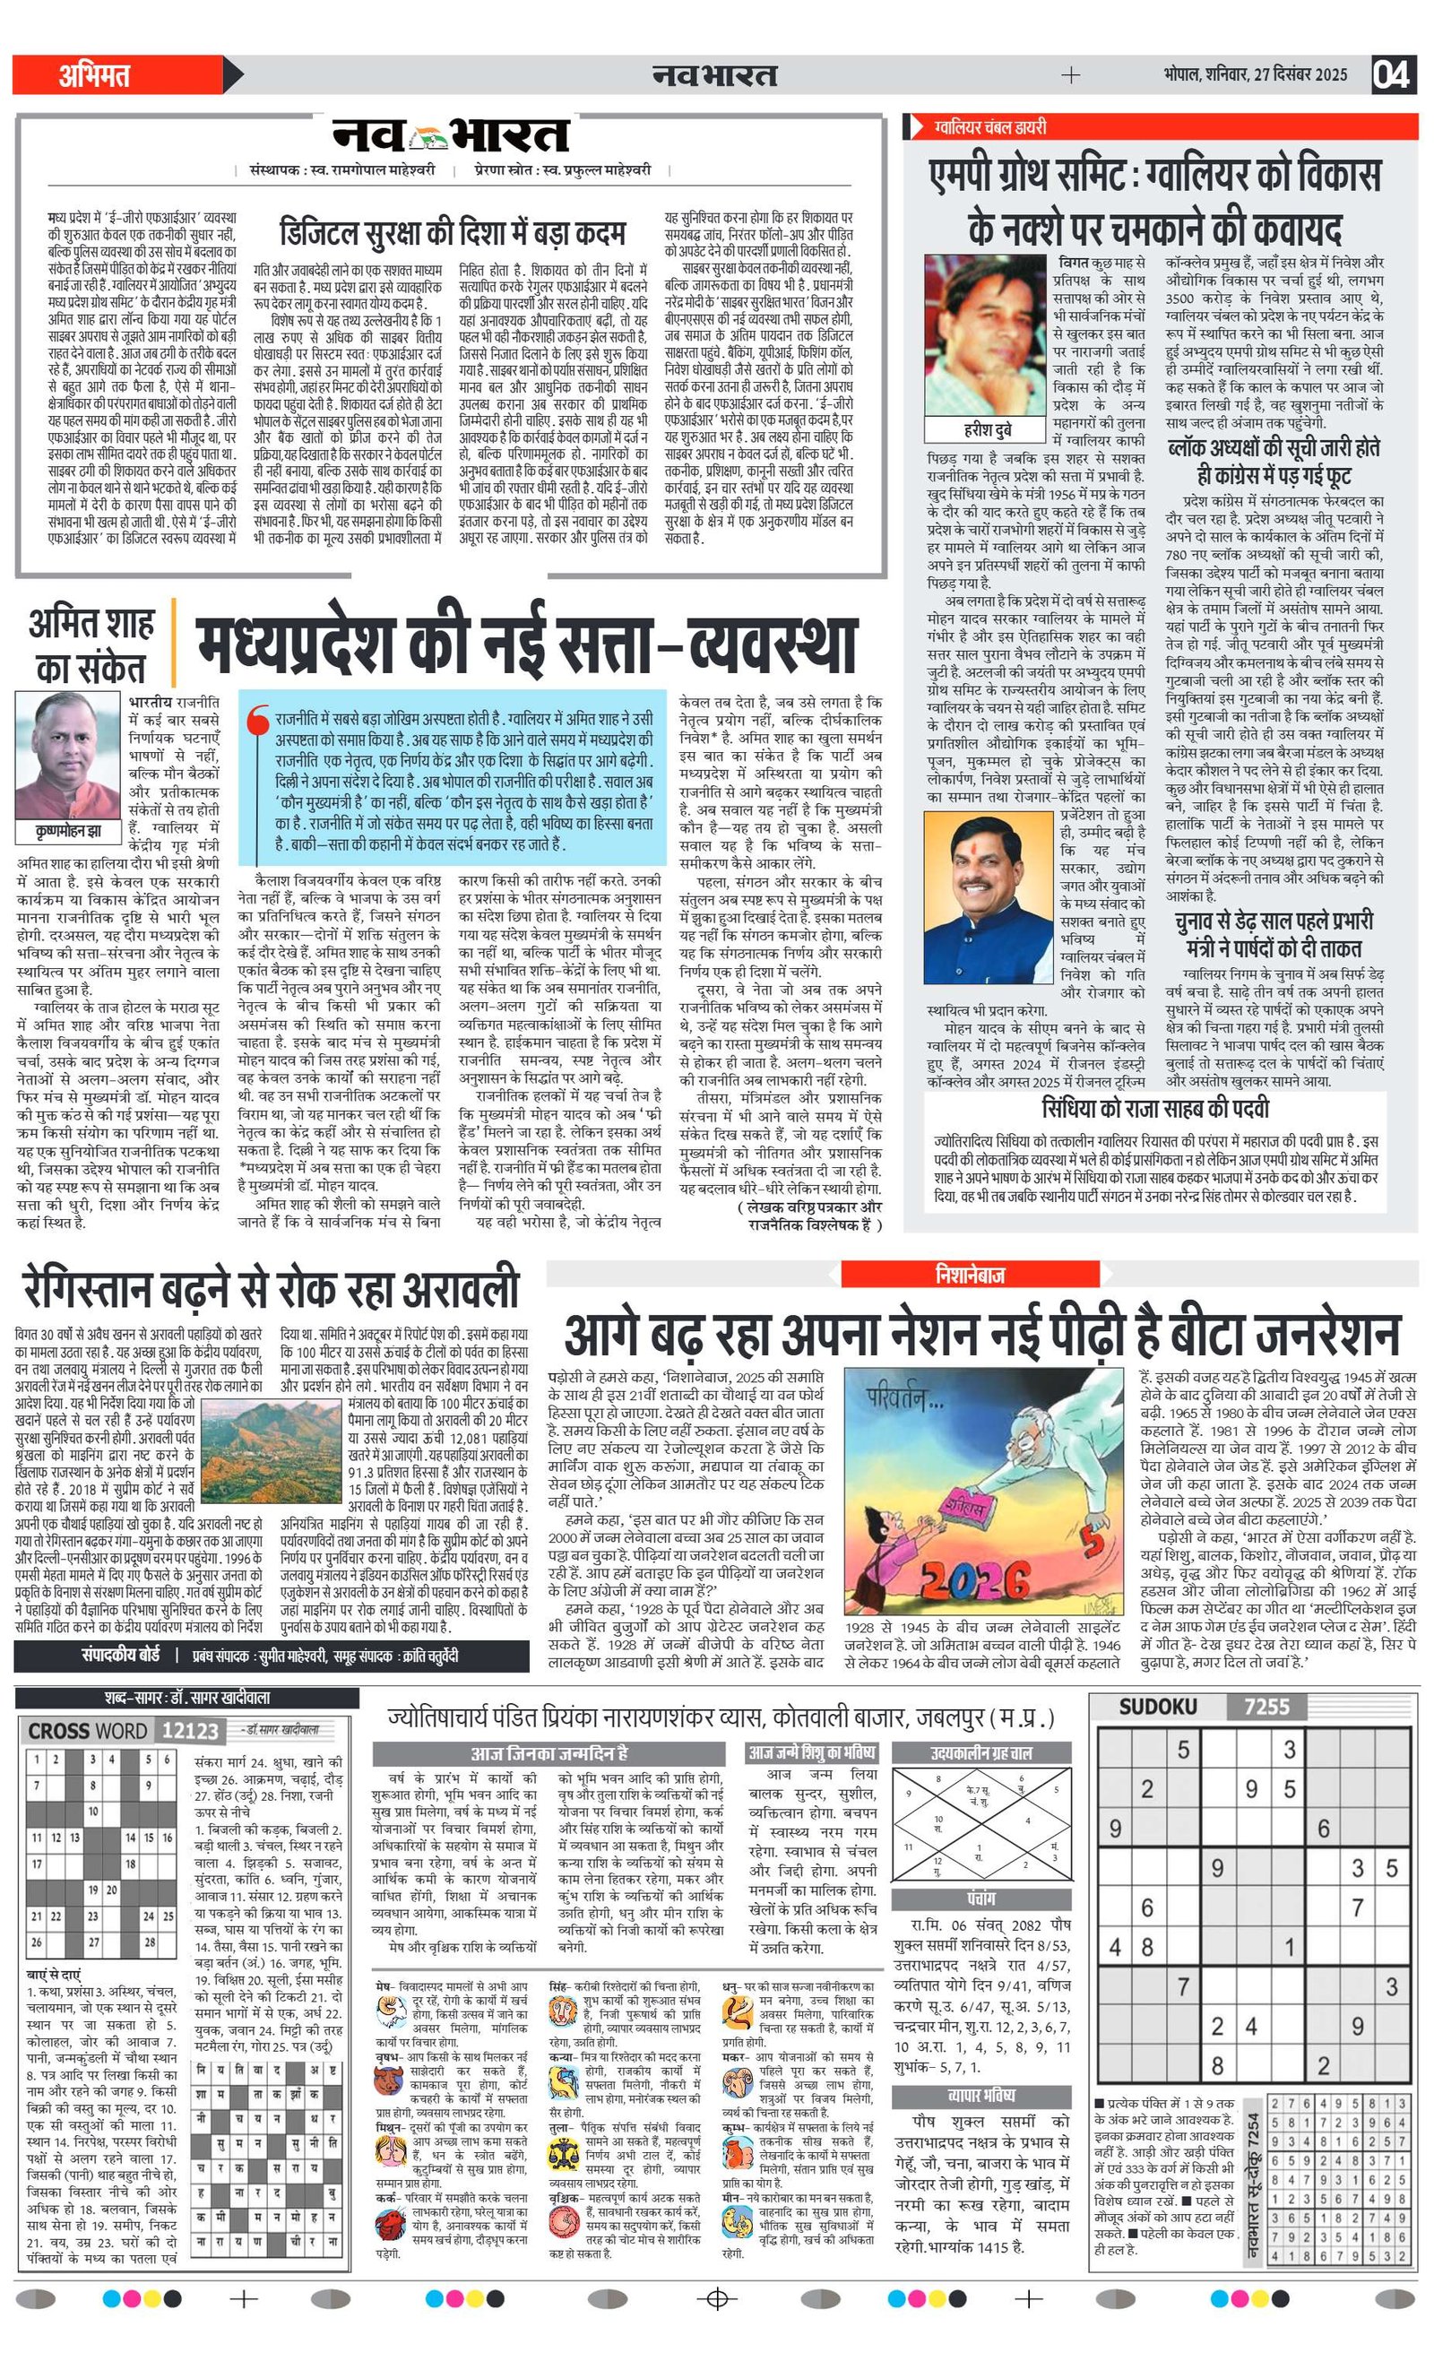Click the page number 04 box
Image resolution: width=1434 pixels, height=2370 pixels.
point(1392,75)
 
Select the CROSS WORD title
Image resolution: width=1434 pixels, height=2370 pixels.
point(88,1731)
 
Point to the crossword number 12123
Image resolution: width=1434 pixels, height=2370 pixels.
point(190,1731)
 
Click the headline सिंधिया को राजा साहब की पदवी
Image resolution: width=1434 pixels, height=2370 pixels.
point(1155,1109)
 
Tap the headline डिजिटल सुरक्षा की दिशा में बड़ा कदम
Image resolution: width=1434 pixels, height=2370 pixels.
point(452,233)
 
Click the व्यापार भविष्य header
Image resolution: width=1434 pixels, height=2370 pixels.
point(981,2096)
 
